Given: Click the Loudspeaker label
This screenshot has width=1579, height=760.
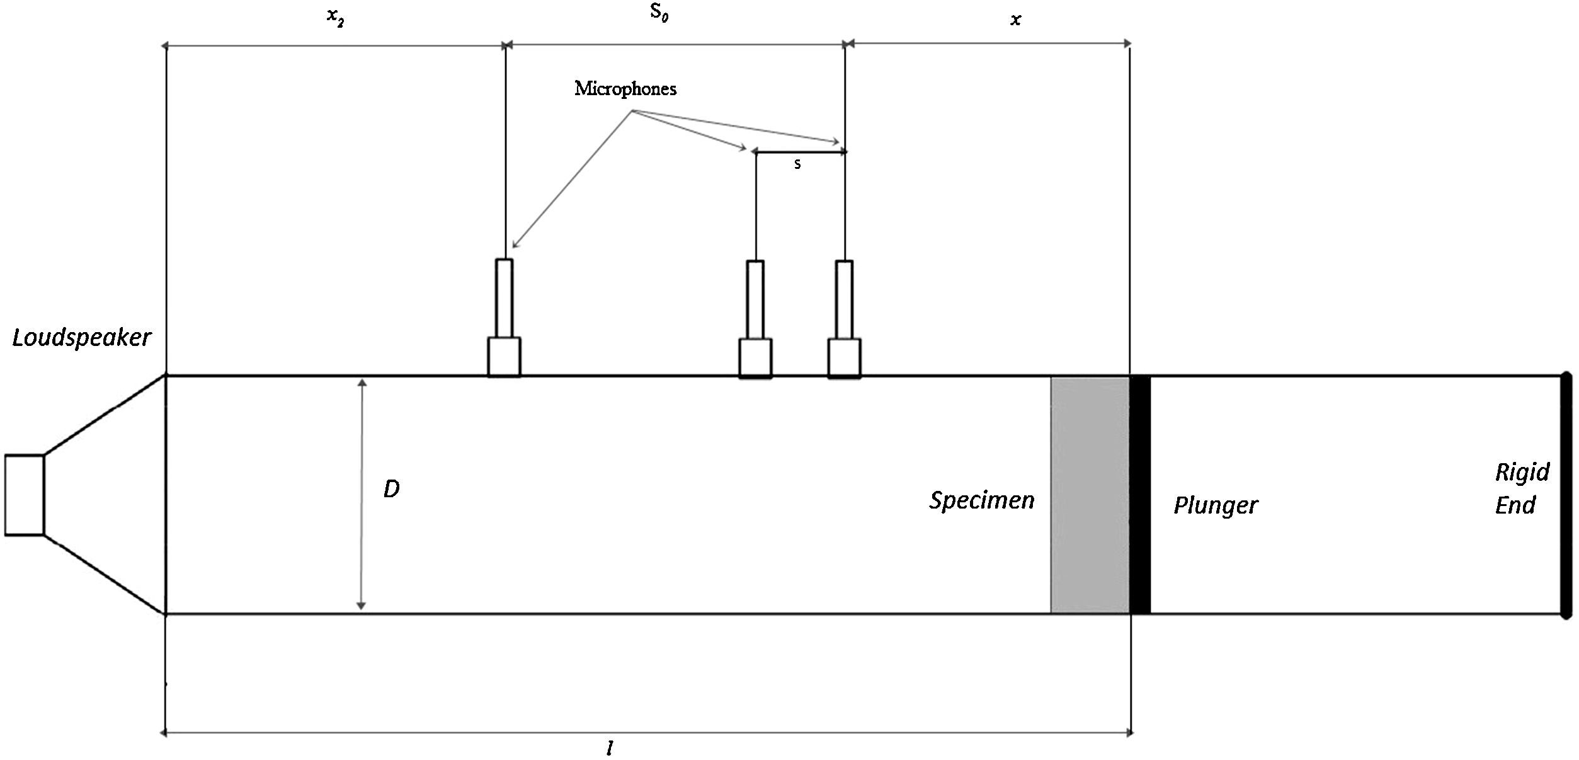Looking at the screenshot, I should click(82, 338).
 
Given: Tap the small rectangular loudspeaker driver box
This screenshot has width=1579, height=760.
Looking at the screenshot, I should click(24, 495).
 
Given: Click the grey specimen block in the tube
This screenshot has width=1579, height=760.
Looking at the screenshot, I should click(1090, 495).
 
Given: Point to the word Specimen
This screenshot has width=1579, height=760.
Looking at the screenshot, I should click(981, 501).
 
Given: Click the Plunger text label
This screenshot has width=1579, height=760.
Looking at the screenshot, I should click(1215, 505).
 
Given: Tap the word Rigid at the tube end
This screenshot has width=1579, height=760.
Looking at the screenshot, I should click(1522, 473).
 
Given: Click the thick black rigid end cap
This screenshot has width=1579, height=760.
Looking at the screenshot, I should click(1566, 495).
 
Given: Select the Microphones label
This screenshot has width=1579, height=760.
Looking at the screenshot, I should click(625, 89).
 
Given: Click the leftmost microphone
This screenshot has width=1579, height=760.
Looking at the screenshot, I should click(504, 318).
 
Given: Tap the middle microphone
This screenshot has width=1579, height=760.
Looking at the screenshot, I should click(755, 319).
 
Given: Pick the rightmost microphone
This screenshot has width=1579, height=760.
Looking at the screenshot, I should click(844, 319).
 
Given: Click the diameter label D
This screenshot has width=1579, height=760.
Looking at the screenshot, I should click(391, 489).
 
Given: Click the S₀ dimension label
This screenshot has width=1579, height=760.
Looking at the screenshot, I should click(659, 13).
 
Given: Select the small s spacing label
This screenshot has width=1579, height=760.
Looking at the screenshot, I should click(797, 164).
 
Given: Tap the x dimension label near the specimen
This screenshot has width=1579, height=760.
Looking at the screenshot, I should click(1015, 20).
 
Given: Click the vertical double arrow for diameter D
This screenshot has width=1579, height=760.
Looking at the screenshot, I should click(362, 495).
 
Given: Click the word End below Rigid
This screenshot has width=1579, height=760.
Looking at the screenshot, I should click(1515, 505).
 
